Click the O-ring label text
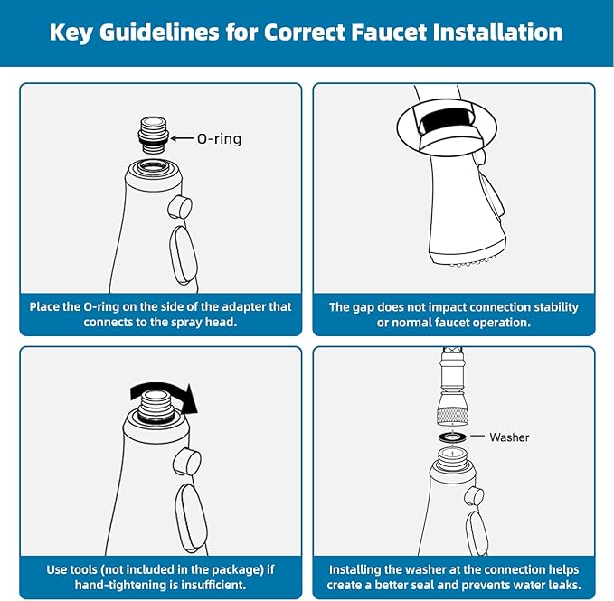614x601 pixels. point(220,139)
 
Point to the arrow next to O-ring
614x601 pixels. point(179,139)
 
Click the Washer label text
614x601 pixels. point(509,437)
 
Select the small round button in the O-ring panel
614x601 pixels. point(181,207)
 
